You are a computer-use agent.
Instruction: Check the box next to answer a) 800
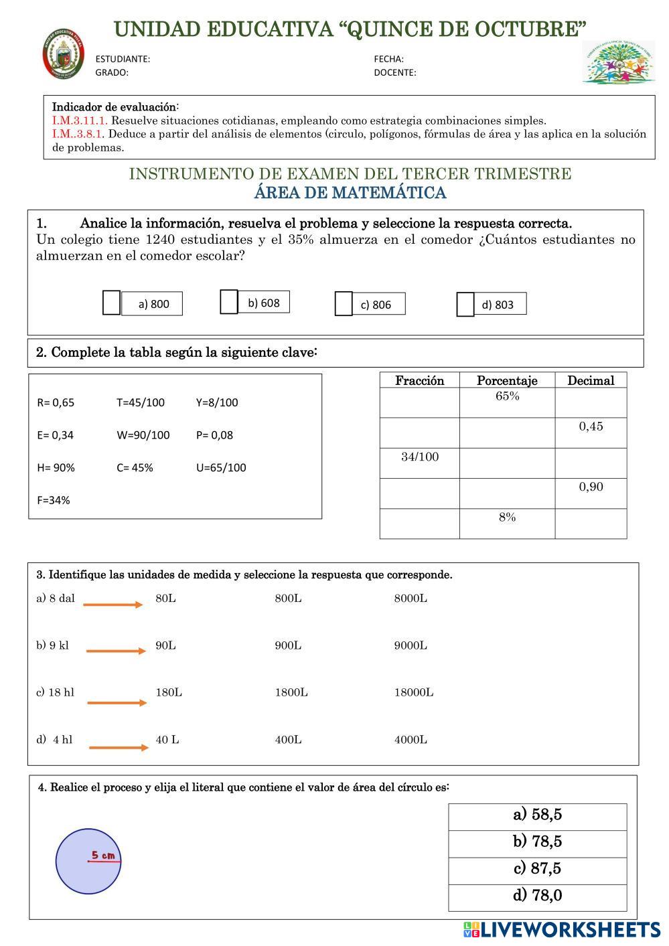click(x=111, y=303)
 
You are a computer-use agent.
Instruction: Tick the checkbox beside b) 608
click(x=229, y=302)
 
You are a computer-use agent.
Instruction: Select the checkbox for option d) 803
click(x=465, y=305)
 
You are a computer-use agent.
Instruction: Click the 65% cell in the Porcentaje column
click(x=507, y=396)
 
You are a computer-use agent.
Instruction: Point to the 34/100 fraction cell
click(x=420, y=457)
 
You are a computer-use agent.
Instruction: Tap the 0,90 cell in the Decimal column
click(x=591, y=487)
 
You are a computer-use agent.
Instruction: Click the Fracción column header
click(x=420, y=381)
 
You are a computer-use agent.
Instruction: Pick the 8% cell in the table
click(x=507, y=518)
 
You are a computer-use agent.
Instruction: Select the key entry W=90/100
click(x=143, y=435)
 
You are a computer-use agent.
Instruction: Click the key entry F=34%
click(x=54, y=500)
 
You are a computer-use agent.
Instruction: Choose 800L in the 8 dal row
click(x=288, y=599)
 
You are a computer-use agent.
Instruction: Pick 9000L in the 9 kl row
click(x=411, y=646)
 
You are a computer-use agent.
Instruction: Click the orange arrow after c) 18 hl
click(x=117, y=702)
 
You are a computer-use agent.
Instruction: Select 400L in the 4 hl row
click(x=288, y=740)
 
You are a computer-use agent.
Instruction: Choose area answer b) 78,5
click(x=537, y=842)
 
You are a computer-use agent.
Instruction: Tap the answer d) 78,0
click(x=537, y=895)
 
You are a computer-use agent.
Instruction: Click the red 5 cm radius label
click(x=103, y=855)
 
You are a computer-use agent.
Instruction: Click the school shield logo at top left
click(x=64, y=53)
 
